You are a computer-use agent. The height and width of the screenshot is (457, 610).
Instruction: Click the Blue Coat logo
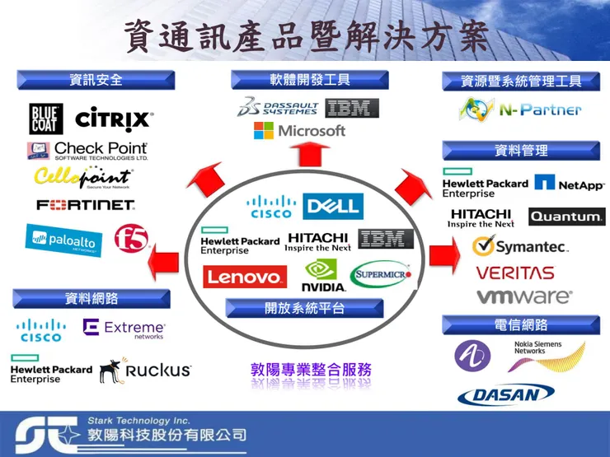point(46,119)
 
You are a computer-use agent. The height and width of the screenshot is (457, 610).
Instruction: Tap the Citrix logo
point(114,119)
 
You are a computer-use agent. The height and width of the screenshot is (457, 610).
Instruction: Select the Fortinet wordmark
point(85,204)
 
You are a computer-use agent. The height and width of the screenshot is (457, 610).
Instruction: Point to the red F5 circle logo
point(131,238)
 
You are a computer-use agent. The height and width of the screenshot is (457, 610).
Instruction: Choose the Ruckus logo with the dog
point(145,371)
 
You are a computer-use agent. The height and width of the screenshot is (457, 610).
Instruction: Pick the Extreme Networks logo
point(124,329)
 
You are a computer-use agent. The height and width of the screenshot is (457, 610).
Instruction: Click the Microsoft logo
point(299,131)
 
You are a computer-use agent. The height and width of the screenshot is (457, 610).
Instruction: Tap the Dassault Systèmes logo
point(278,108)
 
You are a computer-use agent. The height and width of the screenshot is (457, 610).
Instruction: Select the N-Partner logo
point(520,109)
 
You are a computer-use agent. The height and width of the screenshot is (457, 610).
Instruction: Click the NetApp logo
point(569,183)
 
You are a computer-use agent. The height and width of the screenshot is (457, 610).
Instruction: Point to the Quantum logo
point(566,217)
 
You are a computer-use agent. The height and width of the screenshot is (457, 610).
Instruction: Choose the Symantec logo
point(520,245)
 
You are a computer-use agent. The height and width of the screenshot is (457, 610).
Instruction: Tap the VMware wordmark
point(523,296)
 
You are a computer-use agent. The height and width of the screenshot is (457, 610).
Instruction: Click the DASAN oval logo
point(506,395)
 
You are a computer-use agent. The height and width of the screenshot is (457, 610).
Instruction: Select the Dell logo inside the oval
point(332,205)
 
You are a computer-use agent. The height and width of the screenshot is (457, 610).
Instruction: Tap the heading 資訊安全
point(96,80)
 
